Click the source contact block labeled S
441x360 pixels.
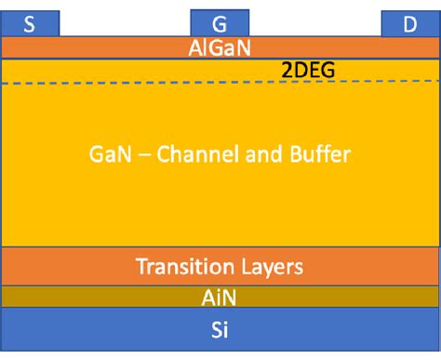(30, 24)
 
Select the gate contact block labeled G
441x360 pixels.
(220, 24)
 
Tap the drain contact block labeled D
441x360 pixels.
(409, 24)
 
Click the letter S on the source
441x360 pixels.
(30, 25)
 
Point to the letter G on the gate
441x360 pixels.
(220, 25)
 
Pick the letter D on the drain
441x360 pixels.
(409, 25)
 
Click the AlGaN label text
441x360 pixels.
(220, 47)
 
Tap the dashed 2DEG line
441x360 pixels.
(140, 84)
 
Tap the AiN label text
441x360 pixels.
(220, 298)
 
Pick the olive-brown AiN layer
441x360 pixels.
(93, 297)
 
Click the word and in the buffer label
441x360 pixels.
(257, 154)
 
